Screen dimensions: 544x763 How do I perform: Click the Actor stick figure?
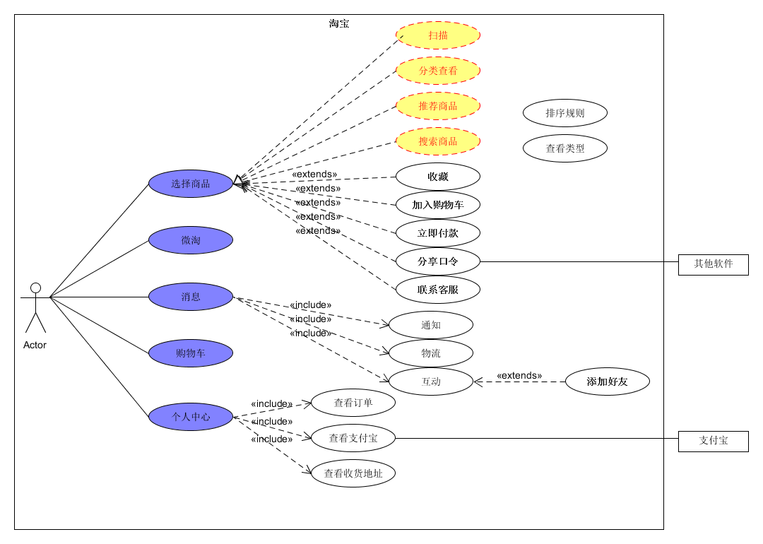(35, 308)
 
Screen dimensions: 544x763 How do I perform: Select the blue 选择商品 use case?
(191, 184)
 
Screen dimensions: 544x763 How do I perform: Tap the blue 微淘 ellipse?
(191, 240)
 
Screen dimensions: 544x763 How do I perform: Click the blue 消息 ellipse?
(191, 297)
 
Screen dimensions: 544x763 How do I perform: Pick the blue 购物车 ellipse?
(191, 353)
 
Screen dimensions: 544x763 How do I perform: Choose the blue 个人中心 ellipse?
(191, 417)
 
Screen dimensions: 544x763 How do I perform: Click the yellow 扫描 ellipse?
(438, 35)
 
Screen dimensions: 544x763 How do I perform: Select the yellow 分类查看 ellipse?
(438, 71)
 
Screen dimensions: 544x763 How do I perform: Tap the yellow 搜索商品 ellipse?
(438, 141)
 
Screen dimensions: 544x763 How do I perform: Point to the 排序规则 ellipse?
(565, 113)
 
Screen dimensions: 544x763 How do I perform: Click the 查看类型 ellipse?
(565, 148)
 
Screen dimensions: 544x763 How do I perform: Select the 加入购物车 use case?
(438, 205)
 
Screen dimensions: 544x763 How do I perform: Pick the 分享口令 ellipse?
(438, 261)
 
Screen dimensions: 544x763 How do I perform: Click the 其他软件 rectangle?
(714, 264)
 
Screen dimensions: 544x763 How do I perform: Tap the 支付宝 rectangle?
(714, 441)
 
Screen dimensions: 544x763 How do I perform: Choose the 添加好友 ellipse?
(608, 382)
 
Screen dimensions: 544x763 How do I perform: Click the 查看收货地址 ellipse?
(353, 473)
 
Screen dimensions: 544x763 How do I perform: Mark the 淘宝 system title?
(339, 23)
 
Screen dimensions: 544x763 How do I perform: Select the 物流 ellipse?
(431, 353)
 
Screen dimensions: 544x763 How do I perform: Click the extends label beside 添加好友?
(519, 376)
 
